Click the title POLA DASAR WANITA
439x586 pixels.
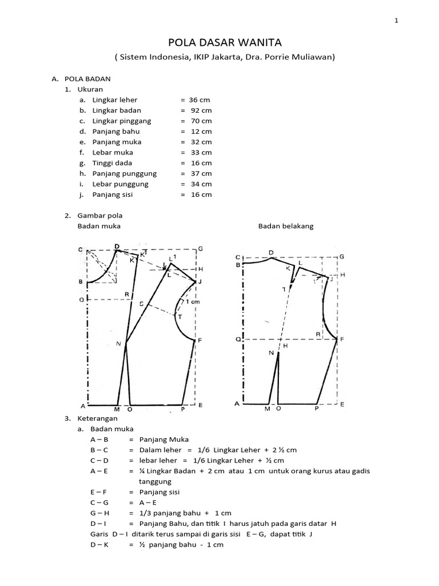(219, 42)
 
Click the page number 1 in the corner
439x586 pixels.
(397, 21)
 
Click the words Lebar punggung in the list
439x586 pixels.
(120, 184)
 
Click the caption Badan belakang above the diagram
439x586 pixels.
(286, 225)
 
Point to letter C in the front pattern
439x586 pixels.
(81, 250)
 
